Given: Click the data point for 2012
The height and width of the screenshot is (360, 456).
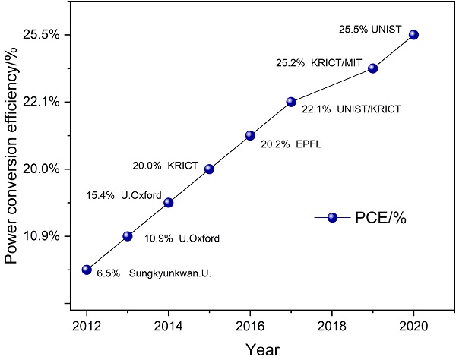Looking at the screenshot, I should (87, 270).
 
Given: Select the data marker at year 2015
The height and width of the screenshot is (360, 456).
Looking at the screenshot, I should (209, 169).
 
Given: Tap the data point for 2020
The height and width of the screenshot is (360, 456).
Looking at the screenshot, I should (413, 34).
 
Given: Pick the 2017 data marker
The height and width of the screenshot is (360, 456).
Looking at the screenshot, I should (290, 102).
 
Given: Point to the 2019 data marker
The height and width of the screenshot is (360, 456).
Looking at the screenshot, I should (372, 68).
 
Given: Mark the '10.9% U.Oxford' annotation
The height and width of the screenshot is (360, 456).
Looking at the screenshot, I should (182, 238).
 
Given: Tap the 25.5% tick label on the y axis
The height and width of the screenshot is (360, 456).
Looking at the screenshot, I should (43, 35).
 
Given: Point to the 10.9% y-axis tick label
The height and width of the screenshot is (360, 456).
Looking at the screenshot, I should (43, 236).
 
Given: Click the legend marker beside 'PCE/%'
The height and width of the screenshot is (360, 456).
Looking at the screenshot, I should (332, 218).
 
